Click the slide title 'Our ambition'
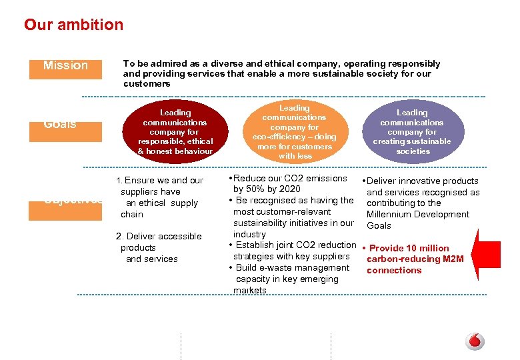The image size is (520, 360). coord(73,25)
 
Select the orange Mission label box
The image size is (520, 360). coord(65,66)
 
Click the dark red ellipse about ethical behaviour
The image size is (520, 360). coord(175,132)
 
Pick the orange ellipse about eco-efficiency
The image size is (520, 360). coord(294,132)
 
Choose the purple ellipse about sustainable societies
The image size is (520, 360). coord(411,132)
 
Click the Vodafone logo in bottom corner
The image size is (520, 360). coord(475,341)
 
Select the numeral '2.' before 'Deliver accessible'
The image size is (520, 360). coord(119,236)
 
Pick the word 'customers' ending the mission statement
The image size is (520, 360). coord(147,83)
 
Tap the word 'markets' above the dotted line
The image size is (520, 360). coord(250,290)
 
